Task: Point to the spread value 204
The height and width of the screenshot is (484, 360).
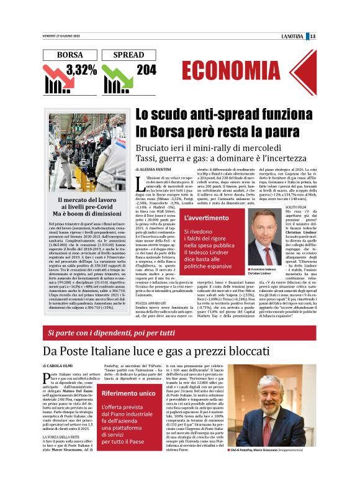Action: (146, 70)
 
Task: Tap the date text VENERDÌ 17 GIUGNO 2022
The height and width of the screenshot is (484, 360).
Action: (61, 36)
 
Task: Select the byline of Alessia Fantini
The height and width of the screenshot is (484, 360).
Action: (155, 169)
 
